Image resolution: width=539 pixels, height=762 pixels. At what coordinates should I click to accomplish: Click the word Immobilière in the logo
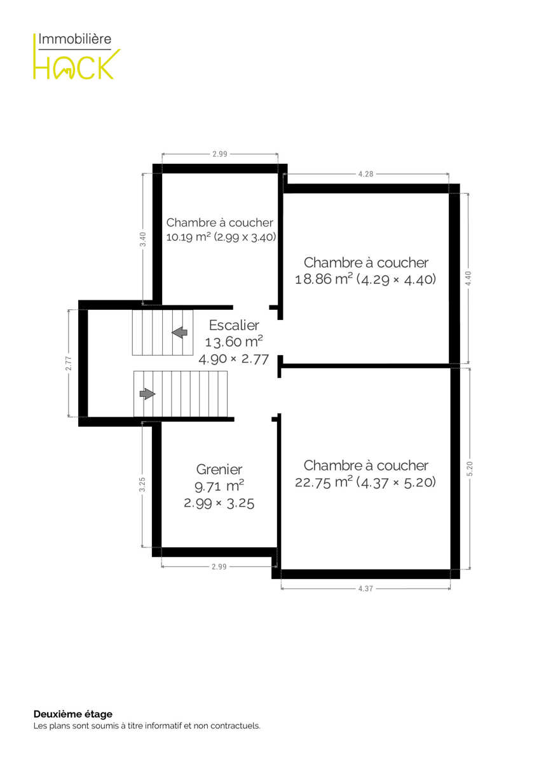point(74,39)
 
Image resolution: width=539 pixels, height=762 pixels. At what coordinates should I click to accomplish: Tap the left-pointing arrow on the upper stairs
point(179,332)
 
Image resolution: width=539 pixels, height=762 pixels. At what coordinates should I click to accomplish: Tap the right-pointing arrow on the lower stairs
point(147,394)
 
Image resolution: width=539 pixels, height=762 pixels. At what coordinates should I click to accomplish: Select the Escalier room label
point(234,325)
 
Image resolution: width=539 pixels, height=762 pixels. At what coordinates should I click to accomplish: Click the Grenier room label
point(219,469)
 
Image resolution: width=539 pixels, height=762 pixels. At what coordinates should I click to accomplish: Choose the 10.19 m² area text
point(188,237)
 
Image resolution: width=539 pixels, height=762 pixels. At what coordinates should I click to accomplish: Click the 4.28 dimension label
point(365,174)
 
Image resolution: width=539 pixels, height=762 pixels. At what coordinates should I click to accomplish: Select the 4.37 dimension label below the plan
point(365,589)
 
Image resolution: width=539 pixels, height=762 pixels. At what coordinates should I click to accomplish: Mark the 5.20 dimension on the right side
point(470,469)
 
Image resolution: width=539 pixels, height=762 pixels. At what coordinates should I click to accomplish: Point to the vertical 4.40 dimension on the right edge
point(468,278)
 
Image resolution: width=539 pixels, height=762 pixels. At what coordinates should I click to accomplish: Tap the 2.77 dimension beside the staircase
point(69,363)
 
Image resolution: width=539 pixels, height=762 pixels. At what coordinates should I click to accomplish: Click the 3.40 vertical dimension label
point(144,239)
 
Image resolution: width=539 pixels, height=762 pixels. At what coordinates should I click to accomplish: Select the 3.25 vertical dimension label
point(142,485)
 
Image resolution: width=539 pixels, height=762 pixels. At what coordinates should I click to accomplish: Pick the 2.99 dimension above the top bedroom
point(220,154)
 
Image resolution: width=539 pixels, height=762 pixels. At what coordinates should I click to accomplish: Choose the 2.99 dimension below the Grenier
point(219,566)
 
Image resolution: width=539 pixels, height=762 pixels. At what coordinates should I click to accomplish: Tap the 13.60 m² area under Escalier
point(234,342)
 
